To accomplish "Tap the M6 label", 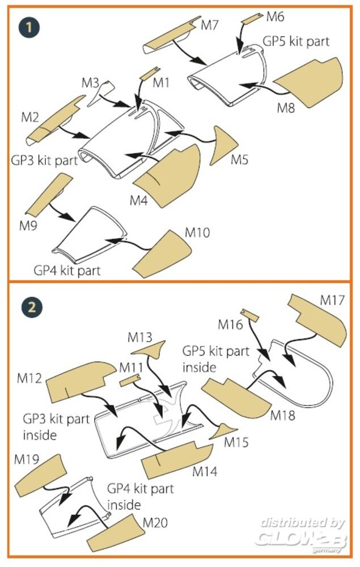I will click(275, 16).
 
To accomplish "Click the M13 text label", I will click(139, 338).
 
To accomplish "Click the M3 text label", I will click(90, 83).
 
